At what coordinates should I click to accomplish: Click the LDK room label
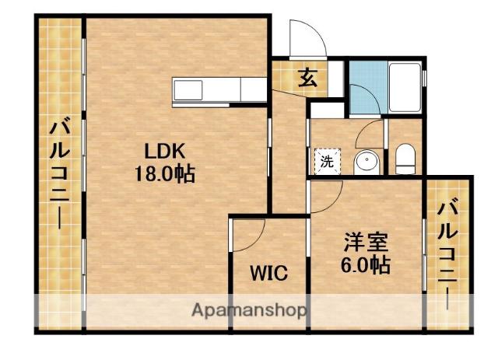coord(164,151)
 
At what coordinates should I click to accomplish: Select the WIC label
coord(268,273)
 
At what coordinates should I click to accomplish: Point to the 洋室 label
coord(366,243)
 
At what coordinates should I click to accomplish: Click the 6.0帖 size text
coord(366,265)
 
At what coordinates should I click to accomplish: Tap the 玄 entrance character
coord(307,78)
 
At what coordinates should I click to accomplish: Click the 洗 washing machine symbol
coord(328,162)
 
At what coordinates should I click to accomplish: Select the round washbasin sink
coord(366,162)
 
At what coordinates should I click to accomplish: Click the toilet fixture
coord(405,159)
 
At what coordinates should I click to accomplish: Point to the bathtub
coord(405,87)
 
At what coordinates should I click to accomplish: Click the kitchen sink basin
coord(188,90)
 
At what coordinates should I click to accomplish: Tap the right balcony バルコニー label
coord(447,253)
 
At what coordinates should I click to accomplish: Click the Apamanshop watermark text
coord(249,309)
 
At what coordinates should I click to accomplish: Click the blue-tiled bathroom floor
coord(368,88)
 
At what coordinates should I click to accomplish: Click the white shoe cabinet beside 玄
coord(335,79)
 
